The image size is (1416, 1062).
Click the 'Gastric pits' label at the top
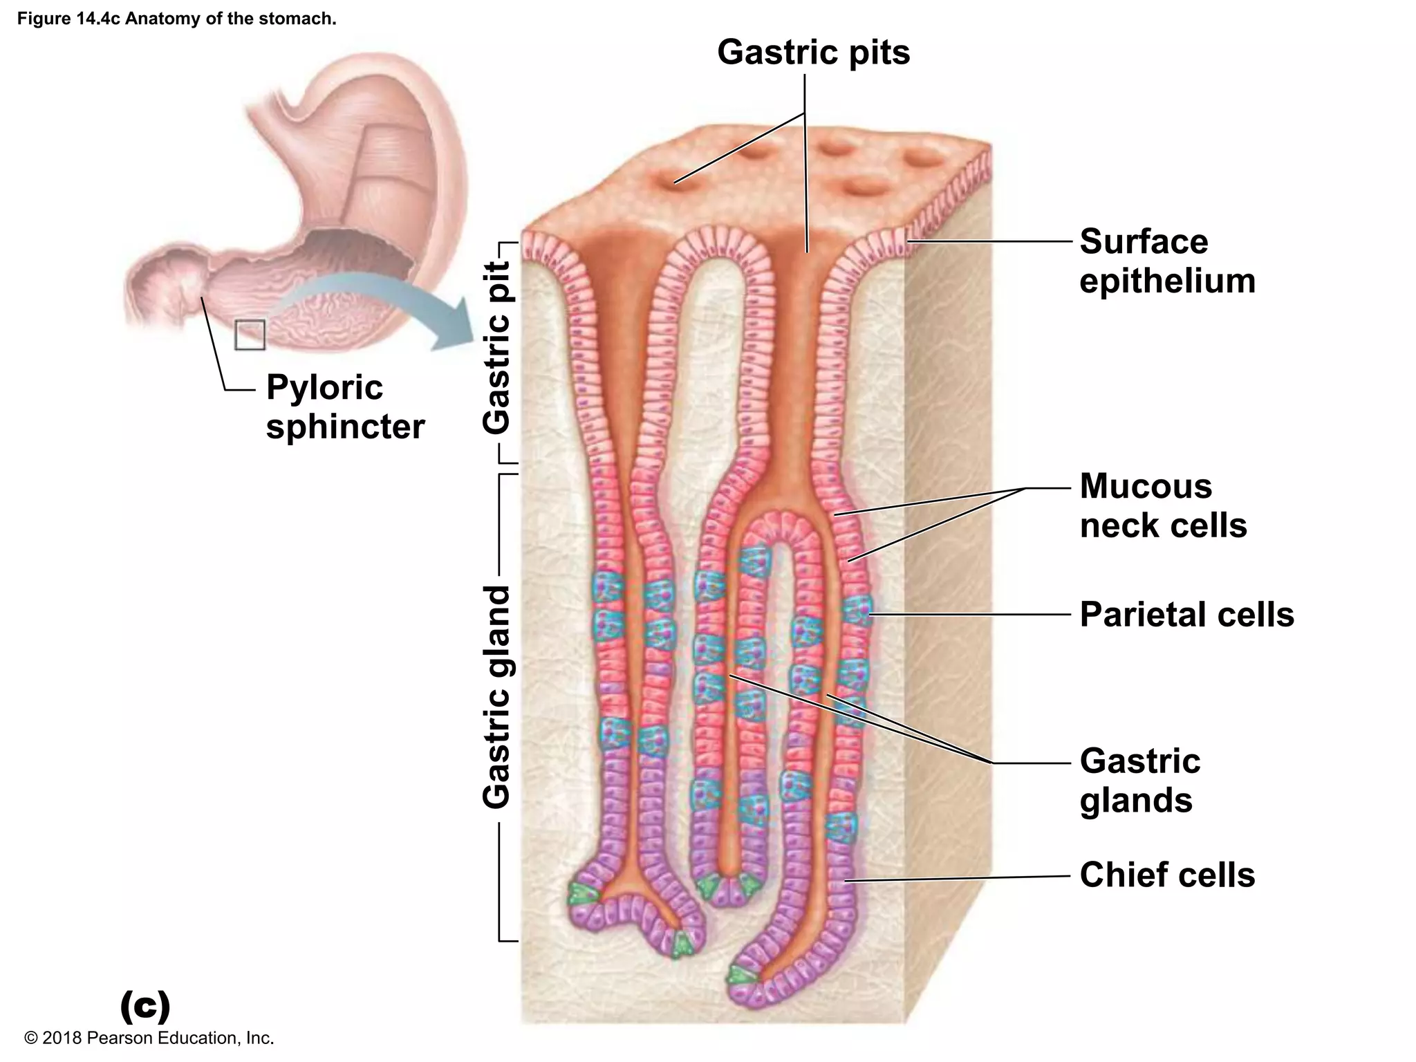click(813, 53)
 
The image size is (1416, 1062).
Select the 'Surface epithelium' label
click(1167, 261)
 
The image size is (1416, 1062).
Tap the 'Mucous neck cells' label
click(1163, 505)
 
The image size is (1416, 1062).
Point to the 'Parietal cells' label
click(1186, 614)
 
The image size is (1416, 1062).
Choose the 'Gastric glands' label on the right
click(1139, 780)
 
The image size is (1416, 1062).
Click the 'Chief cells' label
click(1167, 875)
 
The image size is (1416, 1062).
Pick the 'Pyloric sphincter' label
click(344, 407)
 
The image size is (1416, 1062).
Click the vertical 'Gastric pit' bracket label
click(497, 347)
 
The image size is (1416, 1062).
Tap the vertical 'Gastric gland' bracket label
click(497, 697)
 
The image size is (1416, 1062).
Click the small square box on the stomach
click(250, 335)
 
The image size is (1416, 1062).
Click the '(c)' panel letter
click(145, 1006)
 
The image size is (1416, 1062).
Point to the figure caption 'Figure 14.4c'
click(176, 19)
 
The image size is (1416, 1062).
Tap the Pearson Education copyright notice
click(149, 1038)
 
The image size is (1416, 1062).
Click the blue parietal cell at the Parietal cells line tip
click(857, 611)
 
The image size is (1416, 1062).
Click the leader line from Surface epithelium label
click(989, 241)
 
